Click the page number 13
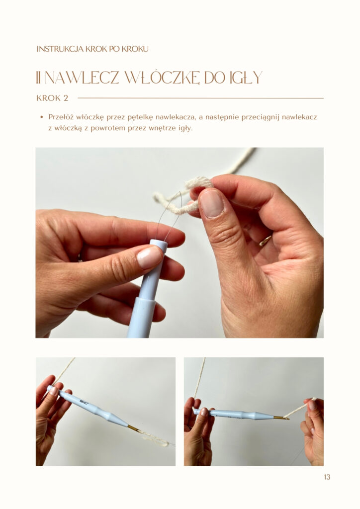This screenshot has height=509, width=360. pos(327,477)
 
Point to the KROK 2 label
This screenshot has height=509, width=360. pos(52,98)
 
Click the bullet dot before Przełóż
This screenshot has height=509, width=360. pos(41,117)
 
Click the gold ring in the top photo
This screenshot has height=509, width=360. pos(265,241)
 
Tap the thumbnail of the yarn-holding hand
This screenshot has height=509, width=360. pos(211,203)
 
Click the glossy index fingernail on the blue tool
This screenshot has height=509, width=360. pos(149,257)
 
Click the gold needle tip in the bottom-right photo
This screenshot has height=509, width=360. pos(281,418)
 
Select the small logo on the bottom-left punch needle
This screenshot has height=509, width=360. pos(84,403)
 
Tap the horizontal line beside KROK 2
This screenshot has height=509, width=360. pos(200,98)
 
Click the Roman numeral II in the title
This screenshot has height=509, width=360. pos(38,78)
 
